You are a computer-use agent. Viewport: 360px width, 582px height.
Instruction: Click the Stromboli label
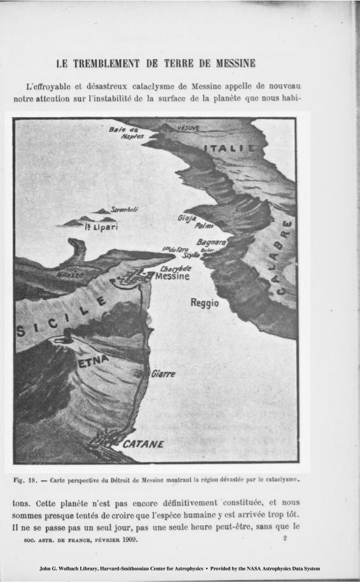coord(125,209)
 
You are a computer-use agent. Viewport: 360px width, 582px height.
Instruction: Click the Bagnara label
coord(212,243)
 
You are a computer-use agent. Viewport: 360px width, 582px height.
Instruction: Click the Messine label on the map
coord(173,277)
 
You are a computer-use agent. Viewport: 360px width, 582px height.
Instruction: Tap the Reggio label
coord(205,303)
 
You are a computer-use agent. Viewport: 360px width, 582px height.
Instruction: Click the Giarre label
coord(163,374)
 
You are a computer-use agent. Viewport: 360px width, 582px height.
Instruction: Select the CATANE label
coord(142,444)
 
